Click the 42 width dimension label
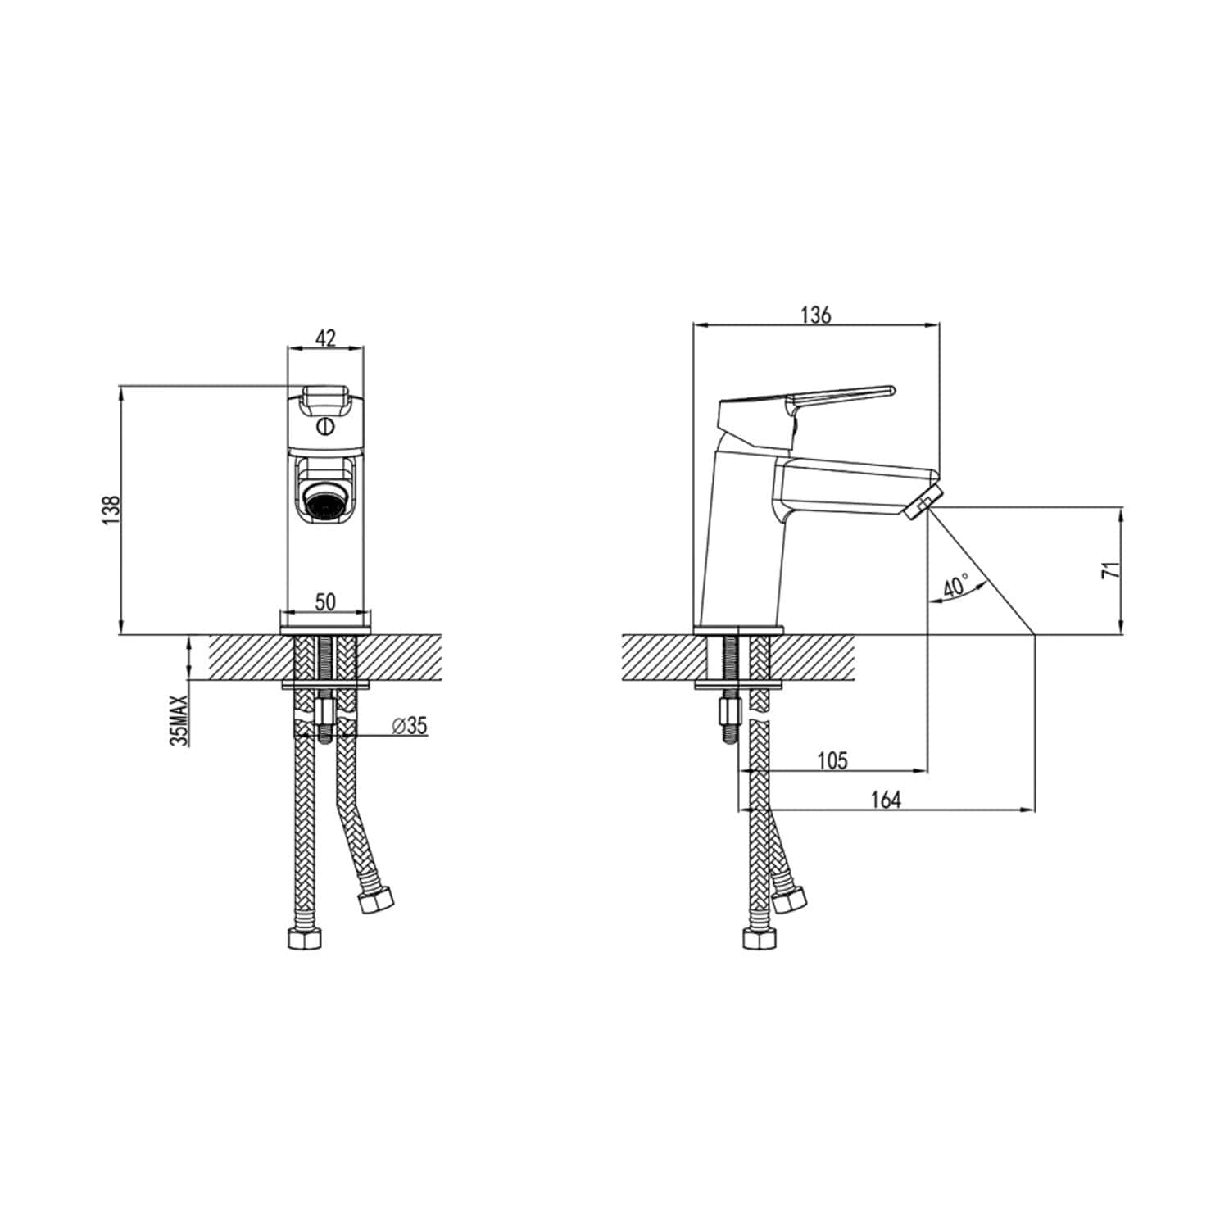coord(325,338)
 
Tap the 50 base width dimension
coord(325,601)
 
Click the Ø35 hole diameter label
coord(410,725)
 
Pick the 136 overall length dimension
coord(816,315)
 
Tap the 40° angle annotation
coord(955,587)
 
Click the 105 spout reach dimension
coord(832,760)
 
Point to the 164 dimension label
coord(886,799)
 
